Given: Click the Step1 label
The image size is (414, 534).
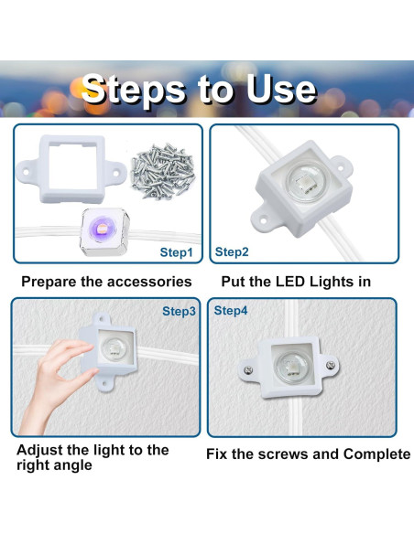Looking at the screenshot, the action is [x=176, y=252].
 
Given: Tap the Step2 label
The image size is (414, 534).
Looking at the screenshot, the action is [x=232, y=252].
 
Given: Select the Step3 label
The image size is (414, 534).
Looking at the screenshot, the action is [x=179, y=311].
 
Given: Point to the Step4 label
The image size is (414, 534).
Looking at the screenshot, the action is [x=231, y=311].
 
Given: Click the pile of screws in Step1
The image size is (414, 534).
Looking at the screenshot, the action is [x=163, y=171].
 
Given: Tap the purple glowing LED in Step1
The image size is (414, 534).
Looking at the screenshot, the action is [x=101, y=226].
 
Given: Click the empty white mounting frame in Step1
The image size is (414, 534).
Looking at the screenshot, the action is [x=71, y=169].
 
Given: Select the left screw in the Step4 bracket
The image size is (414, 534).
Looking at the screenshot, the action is [x=249, y=369].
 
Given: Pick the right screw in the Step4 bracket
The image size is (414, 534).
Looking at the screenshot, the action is [x=331, y=366].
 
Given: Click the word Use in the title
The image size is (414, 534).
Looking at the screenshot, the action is [x=280, y=90].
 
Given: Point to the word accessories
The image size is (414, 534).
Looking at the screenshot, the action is [x=149, y=282].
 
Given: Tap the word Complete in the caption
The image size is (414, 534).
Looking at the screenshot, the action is [x=376, y=454].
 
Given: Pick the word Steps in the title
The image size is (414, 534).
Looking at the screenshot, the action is [x=134, y=91].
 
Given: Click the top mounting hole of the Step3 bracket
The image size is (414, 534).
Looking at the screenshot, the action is [x=102, y=319].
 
